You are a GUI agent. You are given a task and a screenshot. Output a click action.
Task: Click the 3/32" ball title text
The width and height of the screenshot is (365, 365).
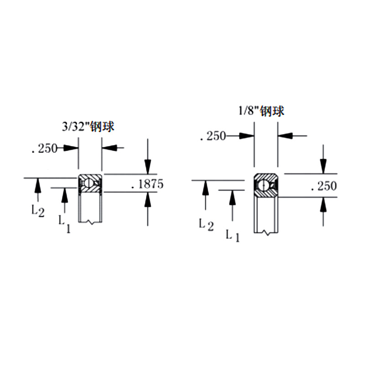[88, 127]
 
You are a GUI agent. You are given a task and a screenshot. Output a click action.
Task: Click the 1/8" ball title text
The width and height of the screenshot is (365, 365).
[261, 111]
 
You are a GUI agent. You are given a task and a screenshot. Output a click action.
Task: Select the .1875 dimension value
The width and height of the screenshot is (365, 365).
[148, 184]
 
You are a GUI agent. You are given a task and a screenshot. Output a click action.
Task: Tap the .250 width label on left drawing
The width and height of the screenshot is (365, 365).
[44, 149]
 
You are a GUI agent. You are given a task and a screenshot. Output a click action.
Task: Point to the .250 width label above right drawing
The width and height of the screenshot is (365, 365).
[213, 136]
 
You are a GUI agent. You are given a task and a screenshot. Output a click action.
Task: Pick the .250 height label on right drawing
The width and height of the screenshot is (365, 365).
[324, 186]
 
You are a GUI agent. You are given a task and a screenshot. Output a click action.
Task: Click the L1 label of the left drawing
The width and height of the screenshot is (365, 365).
[64, 224]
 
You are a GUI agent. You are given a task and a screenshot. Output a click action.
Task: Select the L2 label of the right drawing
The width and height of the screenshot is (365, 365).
[206, 225]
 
